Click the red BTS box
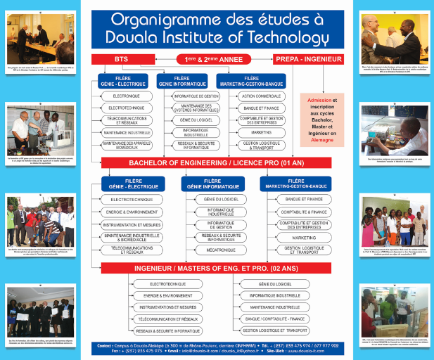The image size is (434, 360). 122,60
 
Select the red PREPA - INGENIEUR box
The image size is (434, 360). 307,60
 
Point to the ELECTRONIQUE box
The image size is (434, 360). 127,95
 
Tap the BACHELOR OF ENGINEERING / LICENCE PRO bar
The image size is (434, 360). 217,162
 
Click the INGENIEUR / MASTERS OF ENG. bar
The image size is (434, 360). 217,268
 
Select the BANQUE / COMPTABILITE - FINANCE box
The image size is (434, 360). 275,319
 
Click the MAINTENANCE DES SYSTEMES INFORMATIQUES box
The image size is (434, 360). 196,108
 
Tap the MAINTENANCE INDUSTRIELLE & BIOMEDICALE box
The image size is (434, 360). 133,237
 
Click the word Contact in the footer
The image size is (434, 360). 105,346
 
